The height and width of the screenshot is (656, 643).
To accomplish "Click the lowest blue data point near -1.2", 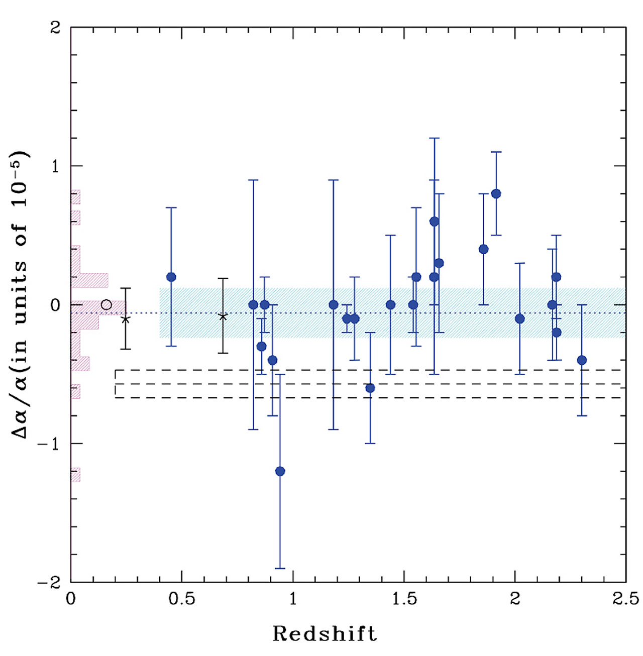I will pos(280,471).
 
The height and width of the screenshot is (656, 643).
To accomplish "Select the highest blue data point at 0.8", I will pos(496,193).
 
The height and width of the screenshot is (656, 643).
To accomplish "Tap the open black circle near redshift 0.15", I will pos(106,305).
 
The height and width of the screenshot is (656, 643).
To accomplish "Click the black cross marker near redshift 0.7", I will pos(223,316).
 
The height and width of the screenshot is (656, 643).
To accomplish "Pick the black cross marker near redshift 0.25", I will pos(126,319).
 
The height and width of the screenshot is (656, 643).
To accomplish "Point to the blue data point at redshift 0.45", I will pos(171,277).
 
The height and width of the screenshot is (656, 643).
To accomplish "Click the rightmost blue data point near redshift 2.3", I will pos(582,360).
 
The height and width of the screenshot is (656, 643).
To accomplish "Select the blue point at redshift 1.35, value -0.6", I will pos(370,388).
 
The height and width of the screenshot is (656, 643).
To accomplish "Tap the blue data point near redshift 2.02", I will pos(520,319).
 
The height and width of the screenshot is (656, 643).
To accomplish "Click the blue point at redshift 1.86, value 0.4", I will pos(484,249).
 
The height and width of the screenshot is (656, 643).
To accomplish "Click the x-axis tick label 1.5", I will pos(404,599).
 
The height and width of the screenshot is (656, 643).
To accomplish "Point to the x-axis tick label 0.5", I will pos(181,599).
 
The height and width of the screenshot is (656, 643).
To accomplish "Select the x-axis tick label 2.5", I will pos(625,599).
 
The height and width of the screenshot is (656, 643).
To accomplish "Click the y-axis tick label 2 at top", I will pos(55,27).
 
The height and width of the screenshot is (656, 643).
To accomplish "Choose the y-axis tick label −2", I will pos(49,583).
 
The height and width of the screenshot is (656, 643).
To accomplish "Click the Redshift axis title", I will pos(325,634).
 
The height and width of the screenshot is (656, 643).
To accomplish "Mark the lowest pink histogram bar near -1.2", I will pos(76,474).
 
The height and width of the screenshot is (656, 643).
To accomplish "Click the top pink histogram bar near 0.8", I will pos(76,197).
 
